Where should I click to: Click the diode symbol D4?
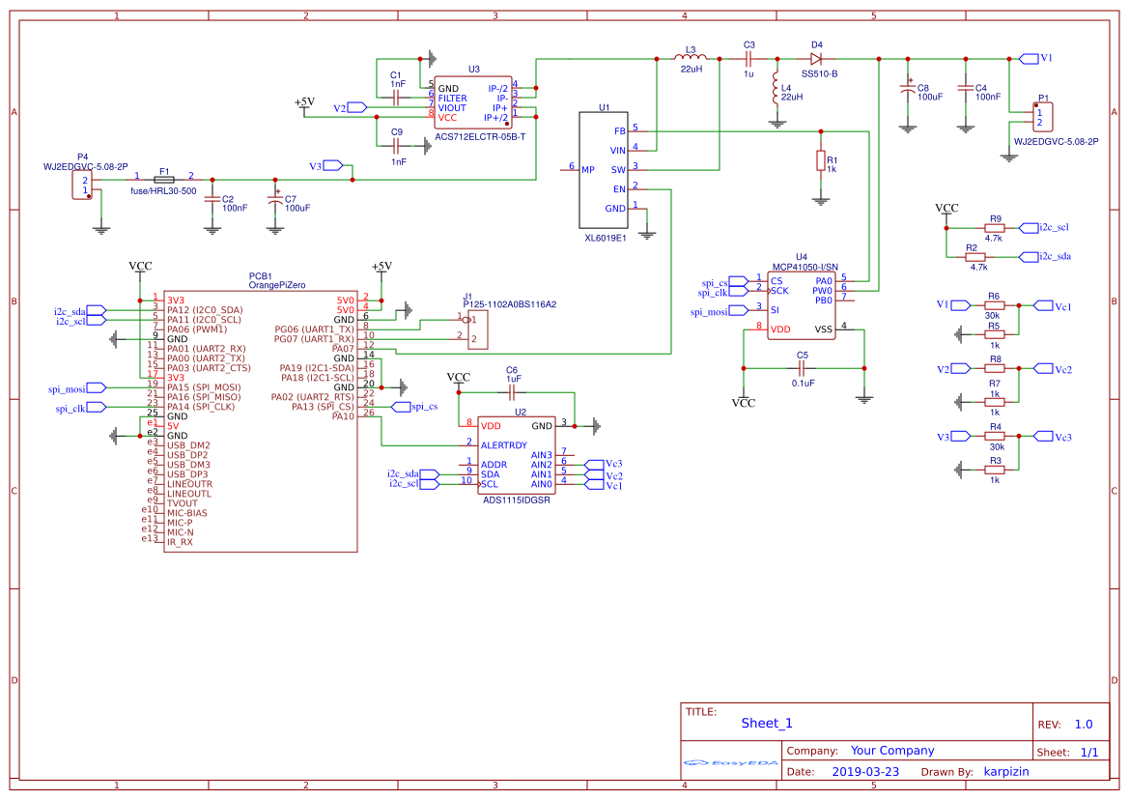pyautogui.click(x=816, y=59)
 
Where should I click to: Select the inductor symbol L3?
pyautogui.click(x=689, y=59)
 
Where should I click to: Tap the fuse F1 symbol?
pyautogui.click(x=164, y=180)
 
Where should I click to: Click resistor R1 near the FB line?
pyautogui.click(x=821, y=160)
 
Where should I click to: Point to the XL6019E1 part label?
pyautogui.click(x=606, y=237)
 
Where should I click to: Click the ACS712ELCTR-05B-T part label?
pyautogui.click(x=480, y=137)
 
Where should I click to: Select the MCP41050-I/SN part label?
pyautogui.click(x=804, y=267)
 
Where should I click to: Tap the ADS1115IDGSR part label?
pyautogui.click(x=517, y=500)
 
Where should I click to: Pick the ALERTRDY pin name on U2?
pyautogui.click(x=504, y=445)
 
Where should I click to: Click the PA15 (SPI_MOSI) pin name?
pyautogui.click(x=204, y=387)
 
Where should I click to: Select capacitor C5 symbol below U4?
pyautogui.click(x=802, y=368)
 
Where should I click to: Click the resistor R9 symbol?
pyautogui.click(x=994, y=228)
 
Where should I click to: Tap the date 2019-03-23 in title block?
pyautogui.click(x=864, y=772)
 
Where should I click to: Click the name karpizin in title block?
pyautogui.click(x=1012, y=772)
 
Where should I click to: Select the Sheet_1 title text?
pyautogui.click(x=766, y=724)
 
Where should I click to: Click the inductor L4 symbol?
pyautogui.click(x=775, y=90)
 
